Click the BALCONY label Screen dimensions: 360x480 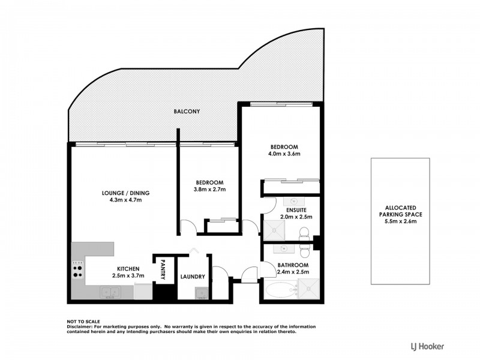pyautogui.click(x=187, y=112)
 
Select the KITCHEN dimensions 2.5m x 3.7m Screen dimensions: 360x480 pyautogui.click(x=128, y=276)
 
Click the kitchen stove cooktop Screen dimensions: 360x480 pyautogui.click(x=77, y=269)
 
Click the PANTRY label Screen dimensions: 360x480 pyautogui.click(x=163, y=270)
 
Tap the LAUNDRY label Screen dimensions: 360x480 pyautogui.click(x=193, y=277)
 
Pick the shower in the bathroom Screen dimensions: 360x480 pyautogui.click(x=307, y=291)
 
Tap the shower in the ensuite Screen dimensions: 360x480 pyautogui.click(x=275, y=229)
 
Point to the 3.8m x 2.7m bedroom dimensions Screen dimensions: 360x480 pyautogui.click(x=210, y=190)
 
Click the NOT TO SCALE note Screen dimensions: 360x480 pyautogui.click(x=83, y=322)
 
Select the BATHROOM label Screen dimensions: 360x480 pyautogui.click(x=293, y=265)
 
